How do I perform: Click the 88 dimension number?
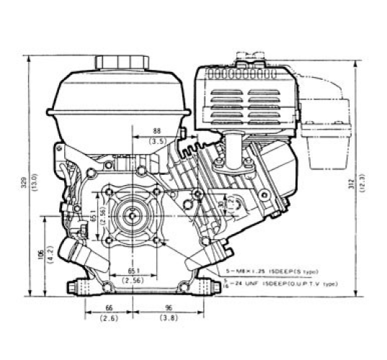click(157, 131)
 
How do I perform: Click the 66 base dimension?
click(110, 307)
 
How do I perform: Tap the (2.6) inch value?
click(110, 317)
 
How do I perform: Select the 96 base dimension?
click(167, 307)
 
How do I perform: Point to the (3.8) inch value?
click(167, 317)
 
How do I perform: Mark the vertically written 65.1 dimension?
click(95, 214)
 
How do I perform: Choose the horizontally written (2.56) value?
click(132, 279)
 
